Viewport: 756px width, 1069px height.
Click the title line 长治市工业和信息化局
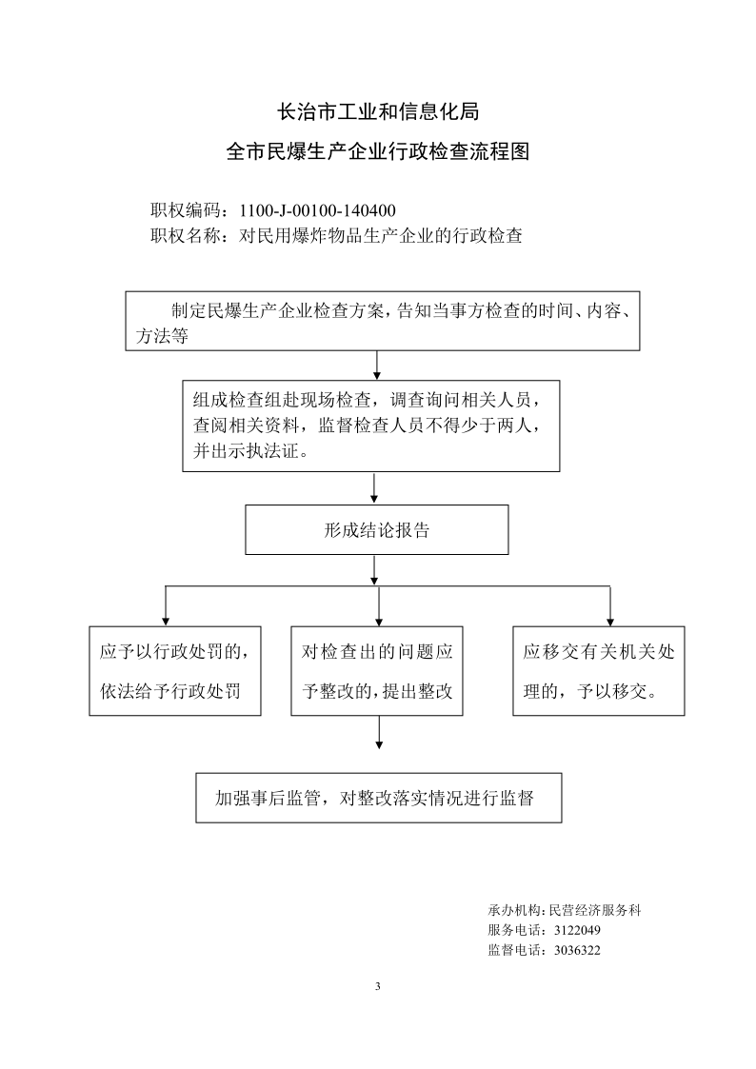pos(378,111)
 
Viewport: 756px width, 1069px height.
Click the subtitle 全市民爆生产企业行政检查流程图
pos(378,151)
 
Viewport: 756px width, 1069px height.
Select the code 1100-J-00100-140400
pos(318,210)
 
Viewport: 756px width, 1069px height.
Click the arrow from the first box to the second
pos(377,366)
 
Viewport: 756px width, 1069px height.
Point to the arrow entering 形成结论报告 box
pos(374,488)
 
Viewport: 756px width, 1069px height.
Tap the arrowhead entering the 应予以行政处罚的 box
pos(165,622)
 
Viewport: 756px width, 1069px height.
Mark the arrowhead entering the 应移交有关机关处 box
pos(610,622)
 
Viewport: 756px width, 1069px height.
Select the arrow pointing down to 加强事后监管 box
pos(379,733)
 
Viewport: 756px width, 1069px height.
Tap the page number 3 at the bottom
pos(378,986)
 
